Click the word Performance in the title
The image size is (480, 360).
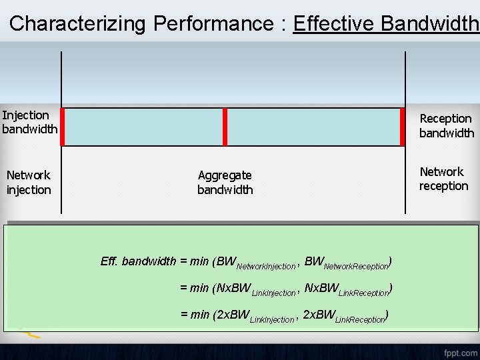(x=213, y=24)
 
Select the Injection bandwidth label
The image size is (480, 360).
(x=29, y=122)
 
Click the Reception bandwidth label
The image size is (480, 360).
(x=446, y=126)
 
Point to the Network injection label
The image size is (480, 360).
(x=29, y=182)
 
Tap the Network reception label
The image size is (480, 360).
(x=443, y=179)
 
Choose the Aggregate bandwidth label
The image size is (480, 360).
(x=225, y=182)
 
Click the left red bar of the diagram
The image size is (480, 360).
(x=62, y=127)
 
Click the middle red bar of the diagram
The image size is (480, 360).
(x=225, y=127)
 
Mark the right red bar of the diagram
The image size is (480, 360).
(x=402, y=127)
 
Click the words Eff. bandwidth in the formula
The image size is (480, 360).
(x=138, y=261)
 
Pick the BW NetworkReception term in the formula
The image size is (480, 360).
(x=346, y=263)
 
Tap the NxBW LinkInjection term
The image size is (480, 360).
(x=256, y=290)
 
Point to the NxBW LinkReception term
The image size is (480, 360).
(x=346, y=290)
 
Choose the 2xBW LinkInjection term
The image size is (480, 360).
(x=256, y=317)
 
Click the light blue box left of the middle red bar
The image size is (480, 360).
(x=143, y=127)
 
